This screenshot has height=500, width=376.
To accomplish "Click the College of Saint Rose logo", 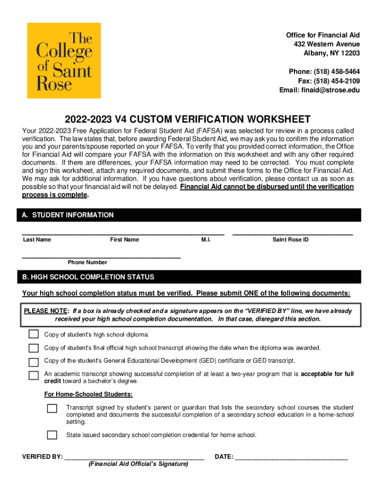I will click(64, 61).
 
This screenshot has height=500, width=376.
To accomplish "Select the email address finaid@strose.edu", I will click(319, 90).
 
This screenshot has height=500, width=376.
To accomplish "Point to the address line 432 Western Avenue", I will click(327, 44).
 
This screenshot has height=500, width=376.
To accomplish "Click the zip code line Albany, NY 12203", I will click(332, 53).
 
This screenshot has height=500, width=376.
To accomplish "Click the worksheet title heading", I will click(188, 120).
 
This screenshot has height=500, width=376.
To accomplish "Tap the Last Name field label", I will click(37, 240).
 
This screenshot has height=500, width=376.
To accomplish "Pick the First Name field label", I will click(125, 240).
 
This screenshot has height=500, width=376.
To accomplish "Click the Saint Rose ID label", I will click(291, 240).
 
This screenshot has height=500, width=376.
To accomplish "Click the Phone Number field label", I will click(87, 262).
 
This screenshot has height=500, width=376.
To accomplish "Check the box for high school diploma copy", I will click(33, 334).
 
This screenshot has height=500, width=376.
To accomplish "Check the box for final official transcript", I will click(33, 348).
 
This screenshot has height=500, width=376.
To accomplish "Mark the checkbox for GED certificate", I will click(33, 362).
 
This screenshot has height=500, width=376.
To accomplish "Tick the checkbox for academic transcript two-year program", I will click(33, 375).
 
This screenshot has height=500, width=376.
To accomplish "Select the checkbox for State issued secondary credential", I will click(52, 435).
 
